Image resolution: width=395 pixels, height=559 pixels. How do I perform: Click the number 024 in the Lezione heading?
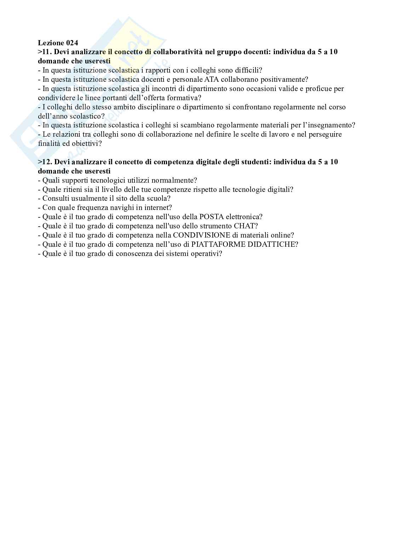point(71,43)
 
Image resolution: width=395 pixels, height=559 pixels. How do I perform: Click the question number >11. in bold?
point(45,52)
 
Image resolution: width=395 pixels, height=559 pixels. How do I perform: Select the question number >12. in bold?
point(45,162)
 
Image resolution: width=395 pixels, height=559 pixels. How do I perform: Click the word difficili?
point(248,70)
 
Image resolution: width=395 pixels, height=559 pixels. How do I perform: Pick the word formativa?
point(185,98)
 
